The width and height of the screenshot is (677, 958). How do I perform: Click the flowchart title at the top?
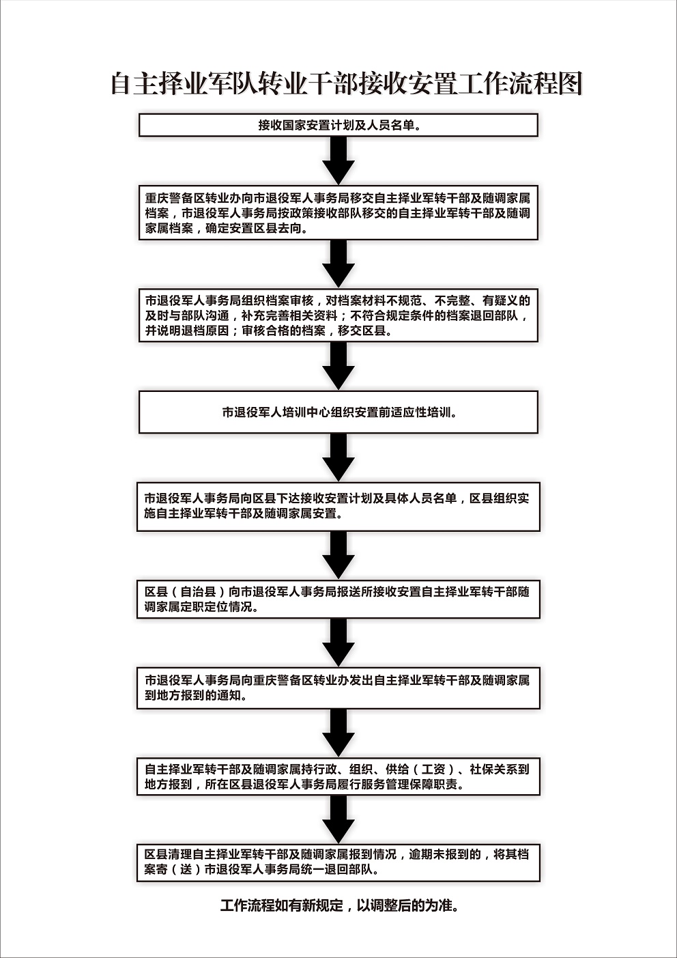pos(347,83)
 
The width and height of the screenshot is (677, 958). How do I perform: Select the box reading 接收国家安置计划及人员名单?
pos(338,126)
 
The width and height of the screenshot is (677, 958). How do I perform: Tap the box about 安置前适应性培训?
pos(338,412)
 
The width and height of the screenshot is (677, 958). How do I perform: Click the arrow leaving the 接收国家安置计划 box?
pos(338,161)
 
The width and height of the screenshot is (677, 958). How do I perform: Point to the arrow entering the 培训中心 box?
pos(338,366)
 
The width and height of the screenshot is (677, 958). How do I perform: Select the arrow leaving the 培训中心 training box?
pos(338,457)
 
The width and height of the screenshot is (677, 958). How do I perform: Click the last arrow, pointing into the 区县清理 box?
pos(338,820)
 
